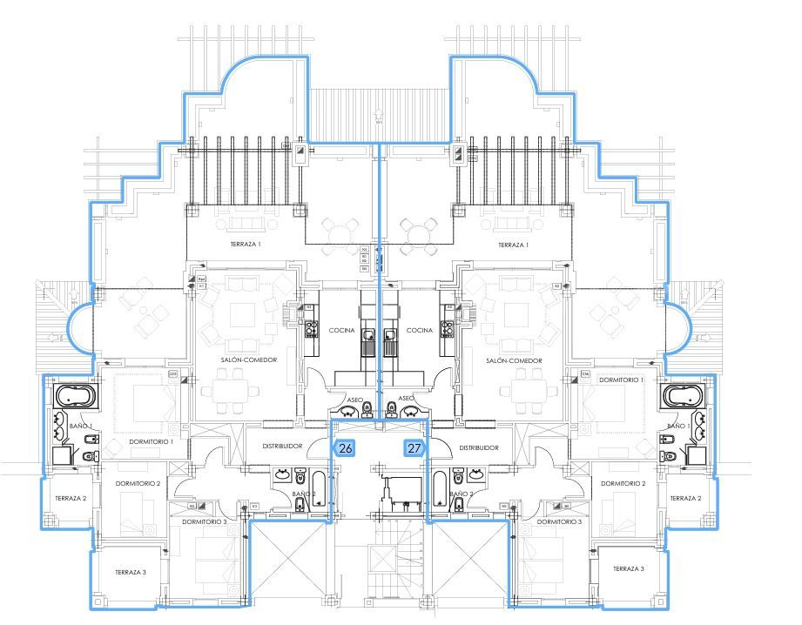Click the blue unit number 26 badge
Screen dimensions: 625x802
pyautogui.click(x=346, y=449)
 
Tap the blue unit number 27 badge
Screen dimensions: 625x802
pyautogui.click(x=414, y=449)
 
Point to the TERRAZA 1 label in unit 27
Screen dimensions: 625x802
pyautogui.click(x=514, y=245)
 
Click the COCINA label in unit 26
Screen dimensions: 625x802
pyautogui.click(x=341, y=331)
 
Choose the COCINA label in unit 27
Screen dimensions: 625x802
pyautogui.click(x=420, y=331)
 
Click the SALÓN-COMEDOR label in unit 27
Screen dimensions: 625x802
pyautogui.click(x=515, y=360)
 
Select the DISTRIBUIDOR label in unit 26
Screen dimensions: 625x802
pyautogui.click(x=282, y=447)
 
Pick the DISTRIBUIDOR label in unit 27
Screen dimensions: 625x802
pyautogui.click(x=478, y=447)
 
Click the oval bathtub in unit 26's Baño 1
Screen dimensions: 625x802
pyautogui.click(x=75, y=397)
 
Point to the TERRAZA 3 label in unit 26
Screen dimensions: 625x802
pyautogui.click(x=130, y=572)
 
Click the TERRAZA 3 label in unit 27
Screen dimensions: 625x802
pyautogui.click(x=628, y=568)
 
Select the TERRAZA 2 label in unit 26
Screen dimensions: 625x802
pyautogui.click(x=71, y=499)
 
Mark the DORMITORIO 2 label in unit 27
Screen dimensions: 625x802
pyautogui.click(x=623, y=483)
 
